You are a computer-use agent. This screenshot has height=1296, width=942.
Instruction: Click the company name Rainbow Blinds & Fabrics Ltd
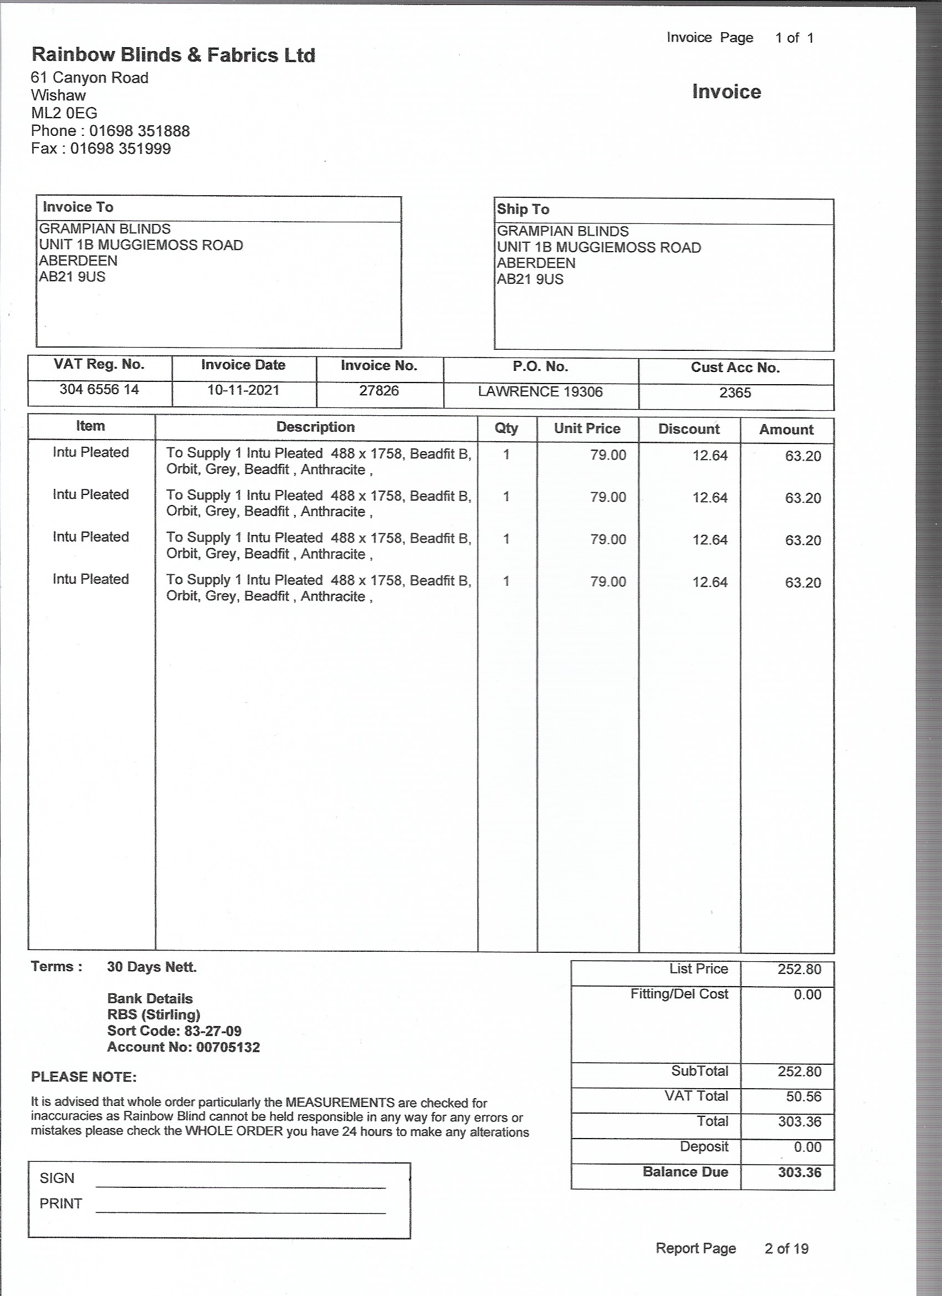coord(173,55)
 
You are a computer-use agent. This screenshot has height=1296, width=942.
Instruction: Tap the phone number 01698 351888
coord(140,131)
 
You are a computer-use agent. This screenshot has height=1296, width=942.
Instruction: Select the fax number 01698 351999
coord(121,149)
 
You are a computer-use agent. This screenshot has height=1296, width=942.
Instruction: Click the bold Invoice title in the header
coord(726,92)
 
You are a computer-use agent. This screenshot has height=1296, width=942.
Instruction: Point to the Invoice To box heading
coord(78,207)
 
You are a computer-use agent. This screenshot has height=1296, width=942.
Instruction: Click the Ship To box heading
coord(523,209)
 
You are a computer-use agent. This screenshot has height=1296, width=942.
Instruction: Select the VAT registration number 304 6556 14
coord(99,390)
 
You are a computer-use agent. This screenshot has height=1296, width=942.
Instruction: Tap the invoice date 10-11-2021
coord(243,390)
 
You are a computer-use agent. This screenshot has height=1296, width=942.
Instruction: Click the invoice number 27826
coord(379,391)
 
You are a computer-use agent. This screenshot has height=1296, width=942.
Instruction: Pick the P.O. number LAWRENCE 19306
coord(540,392)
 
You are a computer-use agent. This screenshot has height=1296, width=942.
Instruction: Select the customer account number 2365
coord(735,393)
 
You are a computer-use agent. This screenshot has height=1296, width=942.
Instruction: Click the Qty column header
coord(506,428)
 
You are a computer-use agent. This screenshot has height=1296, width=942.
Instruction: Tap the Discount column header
coord(689,429)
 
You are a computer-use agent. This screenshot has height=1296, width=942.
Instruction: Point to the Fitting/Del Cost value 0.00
coord(807,995)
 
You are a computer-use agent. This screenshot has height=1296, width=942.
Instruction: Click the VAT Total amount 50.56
coord(803,1096)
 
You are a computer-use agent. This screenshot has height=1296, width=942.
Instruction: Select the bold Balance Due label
coord(685,1172)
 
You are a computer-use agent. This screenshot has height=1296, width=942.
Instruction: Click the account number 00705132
coord(228,1048)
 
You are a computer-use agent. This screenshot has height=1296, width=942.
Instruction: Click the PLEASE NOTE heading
coord(84,1077)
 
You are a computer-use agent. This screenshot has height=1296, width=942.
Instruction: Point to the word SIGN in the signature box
coord(57,1178)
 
